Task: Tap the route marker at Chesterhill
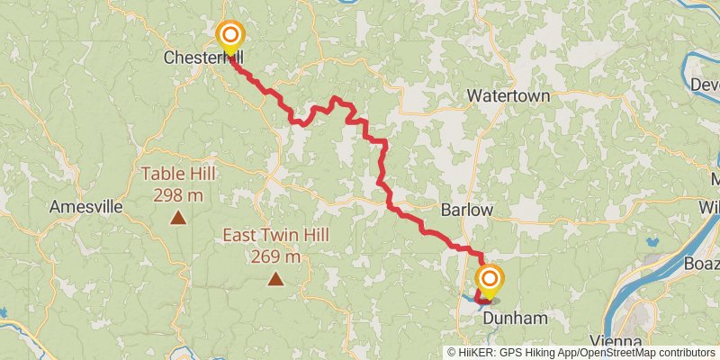coord(230,36)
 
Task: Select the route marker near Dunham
coord(490,278)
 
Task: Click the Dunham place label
coord(516,319)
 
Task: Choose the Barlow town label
coord(467,209)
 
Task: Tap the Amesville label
coord(86,206)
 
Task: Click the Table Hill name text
coord(178,174)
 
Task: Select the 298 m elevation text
coord(178,193)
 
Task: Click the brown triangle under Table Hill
coord(178,217)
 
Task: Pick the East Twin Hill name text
coord(275,236)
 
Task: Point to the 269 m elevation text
coord(275,256)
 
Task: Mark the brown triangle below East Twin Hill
coord(275,279)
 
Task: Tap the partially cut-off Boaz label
coord(701,265)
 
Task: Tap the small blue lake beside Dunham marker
coord(472,298)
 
